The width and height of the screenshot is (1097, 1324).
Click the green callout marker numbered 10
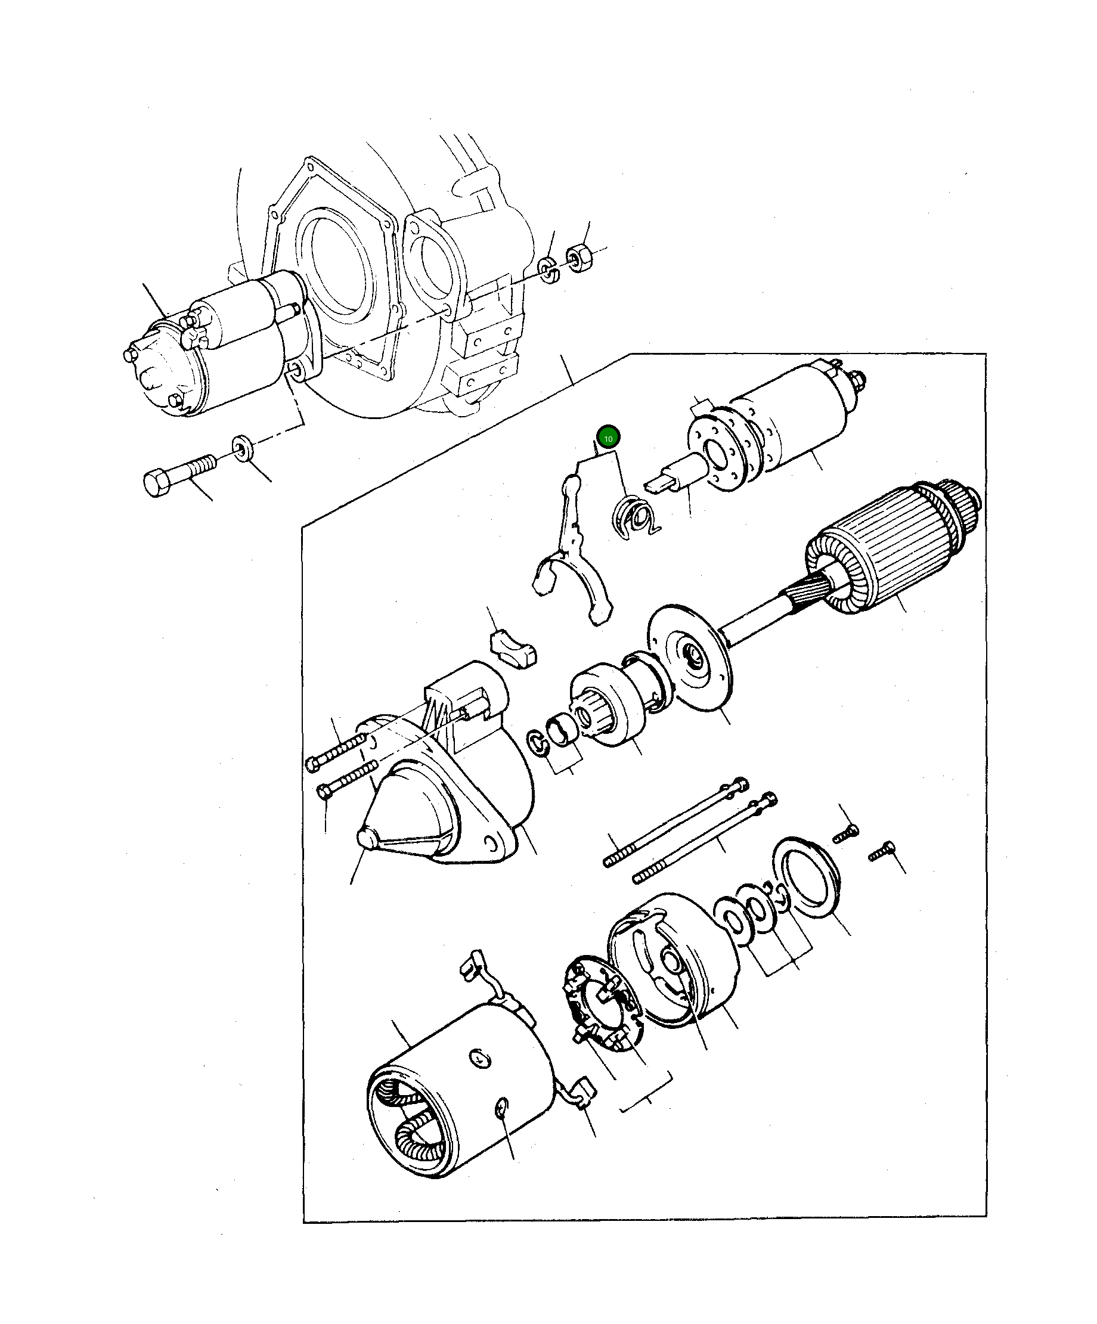(608, 437)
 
